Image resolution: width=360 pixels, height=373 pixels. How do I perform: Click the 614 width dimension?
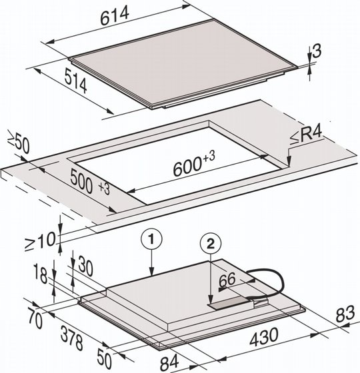tap(115, 16)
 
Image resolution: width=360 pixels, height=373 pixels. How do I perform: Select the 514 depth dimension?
tap(76, 81)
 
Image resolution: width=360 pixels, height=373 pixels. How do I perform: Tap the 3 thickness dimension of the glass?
tap(317, 51)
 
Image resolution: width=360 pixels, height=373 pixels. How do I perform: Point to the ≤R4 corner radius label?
tap(306, 136)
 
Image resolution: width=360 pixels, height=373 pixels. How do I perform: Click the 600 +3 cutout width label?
tap(194, 163)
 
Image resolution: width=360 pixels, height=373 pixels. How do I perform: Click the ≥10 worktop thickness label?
tap(40, 241)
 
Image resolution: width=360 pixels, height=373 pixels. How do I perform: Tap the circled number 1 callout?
tap(151, 239)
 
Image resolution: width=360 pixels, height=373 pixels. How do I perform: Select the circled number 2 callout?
tap(211, 244)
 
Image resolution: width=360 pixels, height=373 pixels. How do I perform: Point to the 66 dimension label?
tap(227, 280)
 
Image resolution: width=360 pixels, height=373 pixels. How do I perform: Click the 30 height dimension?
tap(85, 266)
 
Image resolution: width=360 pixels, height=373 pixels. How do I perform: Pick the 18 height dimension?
tap(41, 274)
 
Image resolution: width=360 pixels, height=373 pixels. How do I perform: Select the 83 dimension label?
tap(345, 314)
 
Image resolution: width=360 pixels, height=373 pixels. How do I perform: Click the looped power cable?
tap(269, 283)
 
